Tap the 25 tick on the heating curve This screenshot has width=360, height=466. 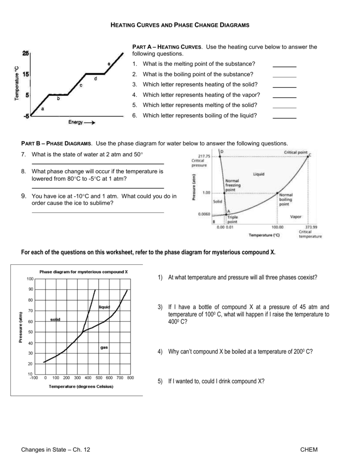[x=25, y=54]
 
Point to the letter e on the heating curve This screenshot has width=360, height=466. [x=109, y=63]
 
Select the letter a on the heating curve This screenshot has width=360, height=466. [x=43, y=109]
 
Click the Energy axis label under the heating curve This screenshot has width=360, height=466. [x=76, y=122]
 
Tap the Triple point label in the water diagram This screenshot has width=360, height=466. [x=233, y=219]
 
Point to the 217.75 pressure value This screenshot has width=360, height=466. [x=200, y=156]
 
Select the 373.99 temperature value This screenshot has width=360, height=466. [x=311, y=226]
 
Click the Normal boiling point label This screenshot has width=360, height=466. [x=285, y=199]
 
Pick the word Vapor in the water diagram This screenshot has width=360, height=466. [x=296, y=217]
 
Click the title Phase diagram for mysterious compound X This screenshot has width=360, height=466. [x=83, y=272]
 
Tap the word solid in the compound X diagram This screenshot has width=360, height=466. [x=55, y=319]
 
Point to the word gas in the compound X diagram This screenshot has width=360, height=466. [x=104, y=347]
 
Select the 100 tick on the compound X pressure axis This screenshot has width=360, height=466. [x=30, y=279]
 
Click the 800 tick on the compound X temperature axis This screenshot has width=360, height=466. [x=130, y=378]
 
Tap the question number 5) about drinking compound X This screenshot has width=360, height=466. [x=160, y=381]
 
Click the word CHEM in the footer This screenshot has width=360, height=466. [x=309, y=450]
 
